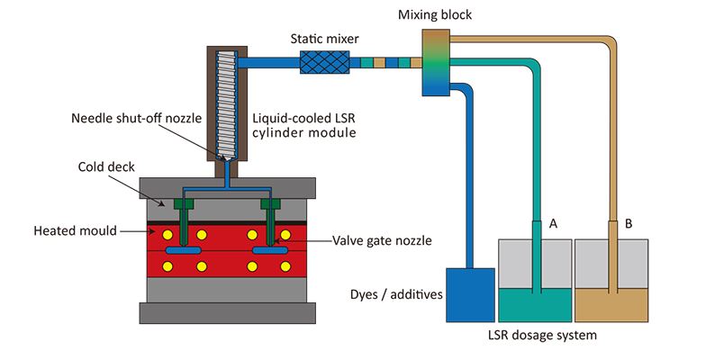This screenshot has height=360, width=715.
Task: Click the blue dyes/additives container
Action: (x=471, y=293)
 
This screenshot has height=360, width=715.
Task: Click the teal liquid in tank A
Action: (x=534, y=306)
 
